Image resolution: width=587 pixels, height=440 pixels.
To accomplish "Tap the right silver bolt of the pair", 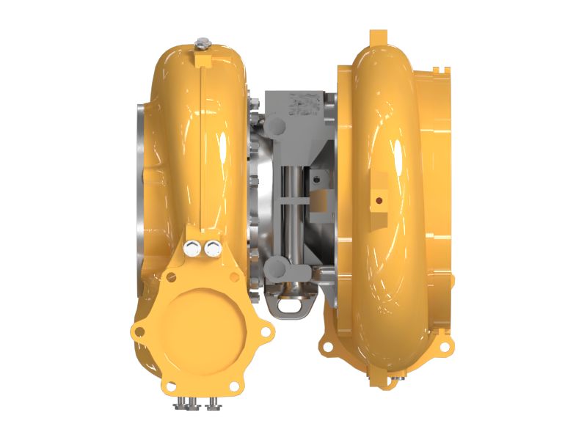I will (214, 247).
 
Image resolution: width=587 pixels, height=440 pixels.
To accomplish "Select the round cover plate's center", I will (195, 321).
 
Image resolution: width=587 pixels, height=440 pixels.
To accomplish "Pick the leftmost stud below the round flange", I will (179, 404).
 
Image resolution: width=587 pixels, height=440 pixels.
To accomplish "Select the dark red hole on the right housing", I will (379, 198).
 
